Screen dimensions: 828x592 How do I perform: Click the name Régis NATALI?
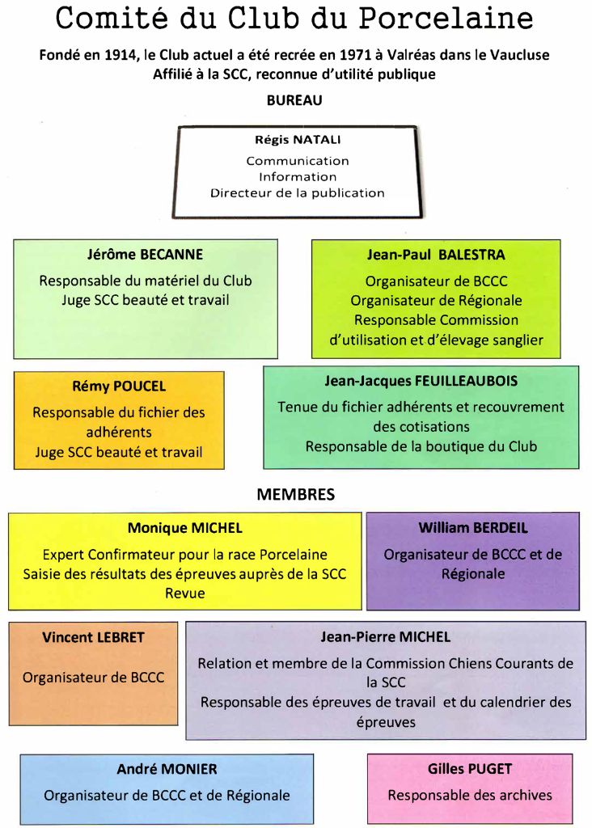click(298, 140)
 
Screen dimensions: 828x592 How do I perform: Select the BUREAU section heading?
click(294, 100)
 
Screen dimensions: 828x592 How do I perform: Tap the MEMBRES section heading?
click(295, 494)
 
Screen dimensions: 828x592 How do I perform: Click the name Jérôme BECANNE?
click(145, 255)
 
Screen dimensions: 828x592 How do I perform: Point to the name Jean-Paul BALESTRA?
click(436, 255)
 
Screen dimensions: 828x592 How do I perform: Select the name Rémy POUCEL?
click(119, 387)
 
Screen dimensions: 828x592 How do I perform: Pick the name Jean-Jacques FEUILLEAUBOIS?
click(421, 380)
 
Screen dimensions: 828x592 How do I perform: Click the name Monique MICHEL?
click(184, 528)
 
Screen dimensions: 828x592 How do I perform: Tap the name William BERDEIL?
click(472, 528)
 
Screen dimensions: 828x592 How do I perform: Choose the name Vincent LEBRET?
click(93, 637)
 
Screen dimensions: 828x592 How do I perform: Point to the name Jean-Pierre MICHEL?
click(385, 637)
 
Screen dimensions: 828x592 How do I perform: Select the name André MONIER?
click(167, 769)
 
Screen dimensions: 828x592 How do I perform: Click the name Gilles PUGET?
click(470, 769)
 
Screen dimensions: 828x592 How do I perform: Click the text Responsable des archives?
click(470, 795)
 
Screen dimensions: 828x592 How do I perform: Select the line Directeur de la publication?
click(298, 193)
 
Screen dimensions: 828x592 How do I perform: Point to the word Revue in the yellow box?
click(185, 593)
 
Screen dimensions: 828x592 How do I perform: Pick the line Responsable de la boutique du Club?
click(421, 446)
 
